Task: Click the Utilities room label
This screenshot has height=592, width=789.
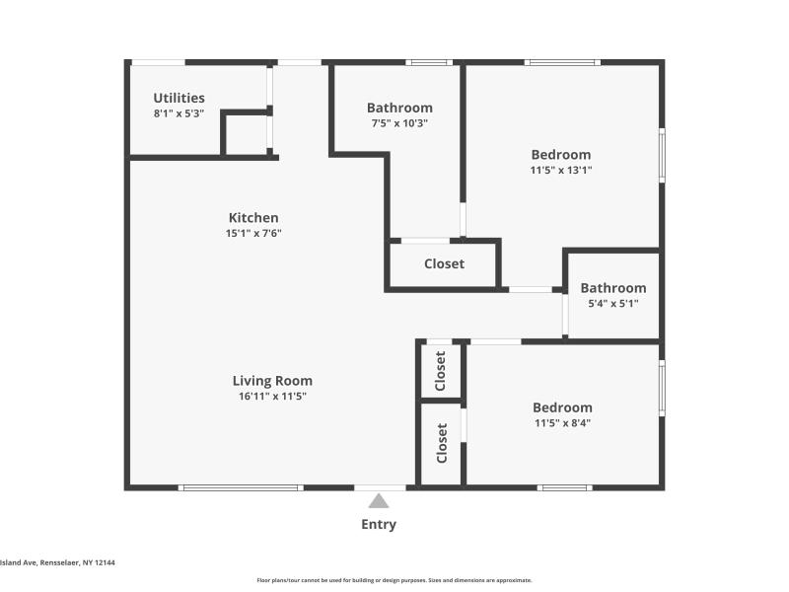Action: click(x=179, y=98)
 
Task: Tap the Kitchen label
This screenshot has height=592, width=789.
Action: click(x=253, y=217)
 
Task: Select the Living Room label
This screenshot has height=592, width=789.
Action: click(x=272, y=381)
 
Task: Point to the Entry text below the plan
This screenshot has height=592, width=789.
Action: click(x=379, y=524)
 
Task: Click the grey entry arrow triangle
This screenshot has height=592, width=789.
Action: click(x=379, y=501)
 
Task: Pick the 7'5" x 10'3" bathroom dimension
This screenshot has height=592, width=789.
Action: click(x=399, y=122)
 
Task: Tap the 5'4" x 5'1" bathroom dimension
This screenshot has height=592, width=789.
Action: click(x=613, y=303)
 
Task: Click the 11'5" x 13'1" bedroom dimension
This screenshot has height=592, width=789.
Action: click(x=561, y=170)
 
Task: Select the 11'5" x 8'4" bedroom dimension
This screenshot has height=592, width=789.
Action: click(x=562, y=422)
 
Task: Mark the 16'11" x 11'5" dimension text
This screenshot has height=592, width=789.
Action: click(x=272, y=396)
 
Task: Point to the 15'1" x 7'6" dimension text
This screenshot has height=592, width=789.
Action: click(x=253, y=233)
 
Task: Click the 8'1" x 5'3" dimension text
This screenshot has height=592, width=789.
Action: click(x=179, y=113)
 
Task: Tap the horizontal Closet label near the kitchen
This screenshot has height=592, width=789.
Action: click(x=445, y=263)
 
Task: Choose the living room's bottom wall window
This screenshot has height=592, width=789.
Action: click(x=241, y=487)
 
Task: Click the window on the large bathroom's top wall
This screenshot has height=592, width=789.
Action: click(x=429, y=62)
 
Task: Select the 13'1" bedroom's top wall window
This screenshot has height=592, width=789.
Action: click(x=562, y=62)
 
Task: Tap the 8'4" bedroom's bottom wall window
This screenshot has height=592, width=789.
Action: click(x=564, y=487)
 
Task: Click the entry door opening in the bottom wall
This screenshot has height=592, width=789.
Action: click(x=380, y=487)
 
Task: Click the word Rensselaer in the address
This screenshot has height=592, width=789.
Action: click(x=59, y=562)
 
